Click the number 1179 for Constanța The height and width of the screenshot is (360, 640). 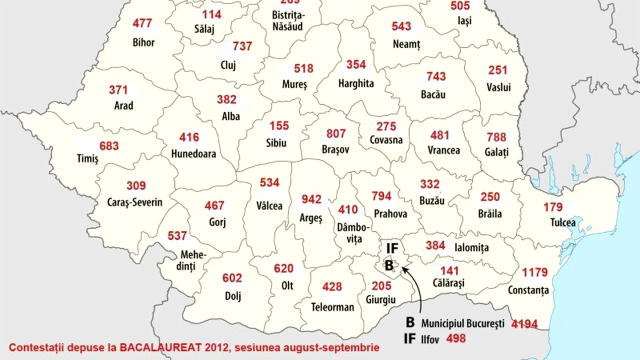pos(535,272)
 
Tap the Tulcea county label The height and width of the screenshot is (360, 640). pos(563,223)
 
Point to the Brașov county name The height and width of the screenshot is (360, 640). pos(335,149)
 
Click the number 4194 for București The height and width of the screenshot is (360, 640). pos(524,324)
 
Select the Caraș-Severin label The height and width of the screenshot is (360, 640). pos(134,202)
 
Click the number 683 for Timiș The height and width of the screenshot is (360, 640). pos(109,146)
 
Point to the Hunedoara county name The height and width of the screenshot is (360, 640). pos(193,153)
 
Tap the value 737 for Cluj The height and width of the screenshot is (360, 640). pos(242,46)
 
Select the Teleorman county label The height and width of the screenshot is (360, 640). pos(332,307)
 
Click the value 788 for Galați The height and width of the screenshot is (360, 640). pos(496,137)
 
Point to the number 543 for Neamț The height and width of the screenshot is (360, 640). pos(401,26)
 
